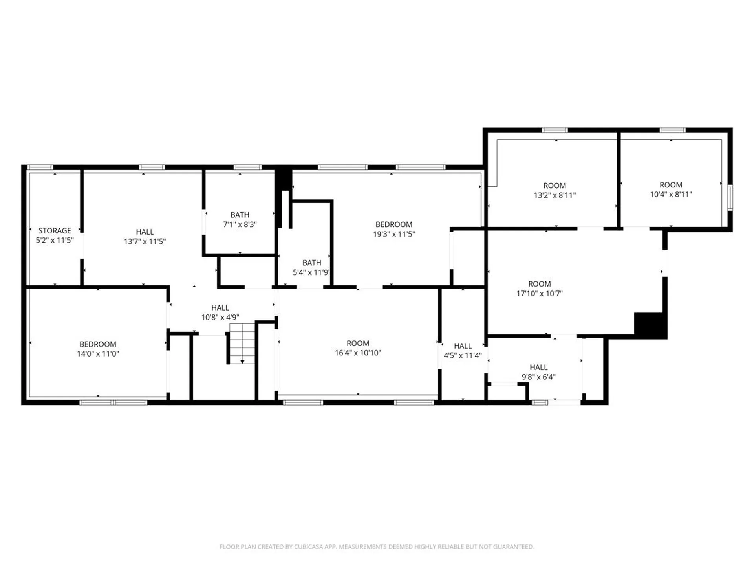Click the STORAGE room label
pos(55,231)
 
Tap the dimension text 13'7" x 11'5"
pos(145,241)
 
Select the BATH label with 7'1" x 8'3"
pos(240,215)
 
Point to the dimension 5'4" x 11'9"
pos(311,272)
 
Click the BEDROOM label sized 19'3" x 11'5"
pos(394,224)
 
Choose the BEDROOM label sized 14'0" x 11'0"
pos(98,344)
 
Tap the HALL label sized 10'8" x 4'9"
pos(220,308)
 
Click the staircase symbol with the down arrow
pos(242,343)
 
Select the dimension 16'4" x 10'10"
pos(358,353)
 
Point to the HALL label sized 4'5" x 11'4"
pos(463,346)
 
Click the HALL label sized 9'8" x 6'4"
pos(538,368)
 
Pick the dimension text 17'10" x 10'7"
pos(539,294)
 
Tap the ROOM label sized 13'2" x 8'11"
pos(555,186)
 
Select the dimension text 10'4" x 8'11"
pos(671,194)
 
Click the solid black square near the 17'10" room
pos(650,325)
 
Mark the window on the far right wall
pos(730,197)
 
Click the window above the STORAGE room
pos(40,167)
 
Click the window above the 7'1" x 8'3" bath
pos(247,167)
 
